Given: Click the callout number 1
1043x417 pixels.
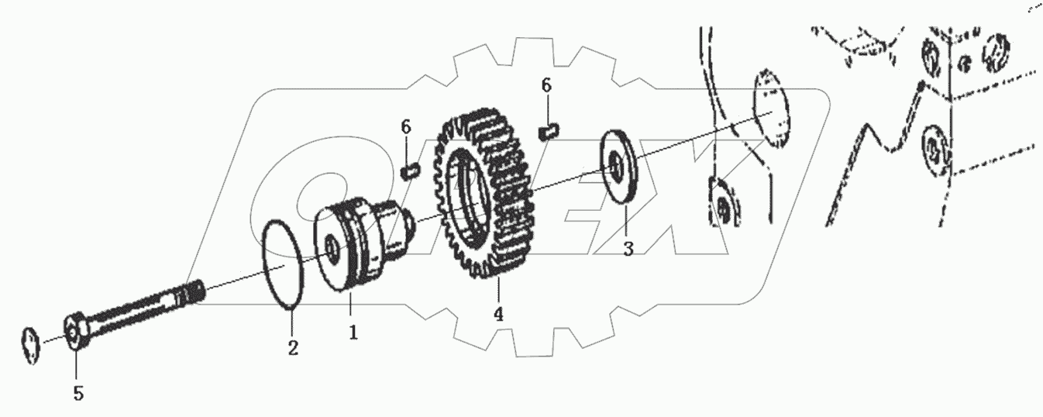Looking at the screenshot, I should pyautogui.click(x=353, y=333).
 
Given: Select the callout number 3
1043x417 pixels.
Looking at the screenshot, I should pyautogui.click(x=628, y=250).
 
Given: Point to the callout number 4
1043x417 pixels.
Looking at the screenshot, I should pyautogui.click(x=498, y=315).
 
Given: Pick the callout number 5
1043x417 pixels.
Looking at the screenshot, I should pyautogui.click(x=77, y=394).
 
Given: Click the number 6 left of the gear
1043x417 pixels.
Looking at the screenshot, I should pyautogui.click(x=405, y=126).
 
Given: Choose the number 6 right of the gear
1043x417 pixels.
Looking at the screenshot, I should pyautogui.click(x=547, y=86).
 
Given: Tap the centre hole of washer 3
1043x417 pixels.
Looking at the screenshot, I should pyautogui.click(x=617, y=165).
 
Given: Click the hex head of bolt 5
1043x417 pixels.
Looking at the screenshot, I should pyautogui.click(x=74, y=334).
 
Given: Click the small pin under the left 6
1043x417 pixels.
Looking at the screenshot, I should pyautogui.click(x=411, y=169).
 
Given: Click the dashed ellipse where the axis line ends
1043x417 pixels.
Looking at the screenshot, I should pyautogui.click(x=770, y=108).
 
